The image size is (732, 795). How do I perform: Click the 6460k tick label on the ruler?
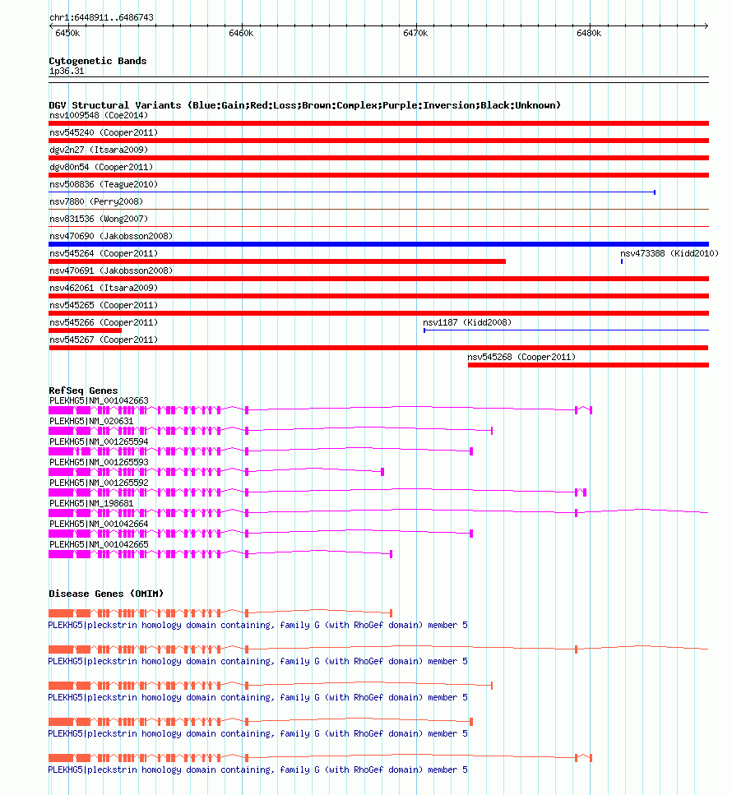pos(241,34)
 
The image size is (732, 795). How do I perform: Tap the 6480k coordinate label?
pos(589,34)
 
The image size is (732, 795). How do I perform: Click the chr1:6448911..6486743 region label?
pos(101,17)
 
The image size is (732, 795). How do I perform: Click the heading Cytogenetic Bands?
pos(97,61)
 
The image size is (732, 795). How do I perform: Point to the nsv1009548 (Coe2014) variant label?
pos(98,115)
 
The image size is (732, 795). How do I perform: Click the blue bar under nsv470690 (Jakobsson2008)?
pos(378,244)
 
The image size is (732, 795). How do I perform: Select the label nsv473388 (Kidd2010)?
pos(669,253)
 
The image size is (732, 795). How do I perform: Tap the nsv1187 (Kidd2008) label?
pos(466,322)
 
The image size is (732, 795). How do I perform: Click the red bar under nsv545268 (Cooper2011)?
pos(588,365)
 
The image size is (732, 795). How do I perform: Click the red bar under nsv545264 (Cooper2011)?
pos(277,261)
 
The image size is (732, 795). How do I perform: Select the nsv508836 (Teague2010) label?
pos(104,184)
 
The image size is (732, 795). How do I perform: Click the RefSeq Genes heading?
pos(83,391)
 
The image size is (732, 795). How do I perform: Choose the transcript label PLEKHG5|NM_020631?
pos(90,421)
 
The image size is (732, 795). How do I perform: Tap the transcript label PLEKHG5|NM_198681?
pos(90,503)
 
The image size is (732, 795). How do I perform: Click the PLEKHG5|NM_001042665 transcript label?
pos(99,544)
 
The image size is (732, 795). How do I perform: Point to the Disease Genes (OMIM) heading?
pos(105,594)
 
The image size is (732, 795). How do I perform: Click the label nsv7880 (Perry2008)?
pos(95,201)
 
